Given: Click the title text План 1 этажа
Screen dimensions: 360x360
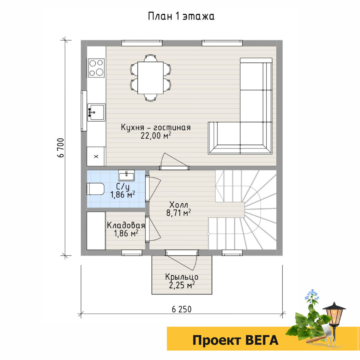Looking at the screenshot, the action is [x=181, y=16].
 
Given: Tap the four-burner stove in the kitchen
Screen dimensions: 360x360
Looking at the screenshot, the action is [x=96, y=68].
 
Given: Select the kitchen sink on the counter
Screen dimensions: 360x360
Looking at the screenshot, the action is [x=96, y=112].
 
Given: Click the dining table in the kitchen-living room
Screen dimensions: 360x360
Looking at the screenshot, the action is [x=150, y=78].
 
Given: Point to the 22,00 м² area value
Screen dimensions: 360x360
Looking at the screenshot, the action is [x=156, y=136].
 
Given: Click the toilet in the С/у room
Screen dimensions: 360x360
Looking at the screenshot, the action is [x=95, y=189].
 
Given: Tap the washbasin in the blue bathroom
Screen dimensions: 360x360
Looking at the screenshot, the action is [x=127, y=175].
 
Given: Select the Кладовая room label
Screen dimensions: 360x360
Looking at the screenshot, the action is [x=126, y=225].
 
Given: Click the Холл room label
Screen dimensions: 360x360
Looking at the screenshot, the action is [x=178, y=205].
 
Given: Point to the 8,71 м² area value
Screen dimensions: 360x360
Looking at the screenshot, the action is [x=178, y=213].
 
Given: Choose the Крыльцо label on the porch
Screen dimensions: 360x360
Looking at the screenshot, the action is [x=181, y=277].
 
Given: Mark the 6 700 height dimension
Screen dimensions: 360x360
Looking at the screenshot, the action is [x=61, y=148].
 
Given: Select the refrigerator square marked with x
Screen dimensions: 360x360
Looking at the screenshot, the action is [x=96, y=156].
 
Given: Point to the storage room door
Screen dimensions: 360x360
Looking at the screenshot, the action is [x=153, y=229].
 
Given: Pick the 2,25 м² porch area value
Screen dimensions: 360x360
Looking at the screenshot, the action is [x=182, y=285].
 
